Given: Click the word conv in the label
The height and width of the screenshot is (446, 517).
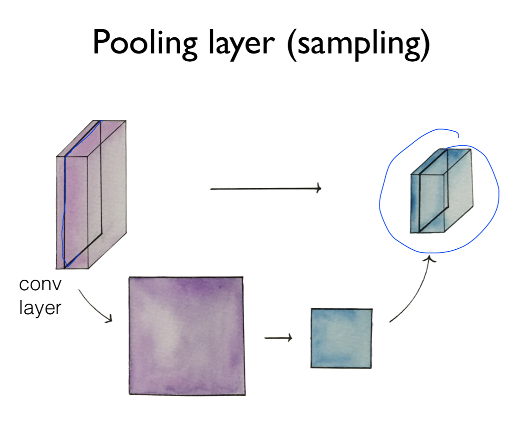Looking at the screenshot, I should point(40,285).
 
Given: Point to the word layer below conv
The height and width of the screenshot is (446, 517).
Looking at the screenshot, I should point(40,307).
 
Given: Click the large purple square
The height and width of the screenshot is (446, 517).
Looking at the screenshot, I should point(186,335).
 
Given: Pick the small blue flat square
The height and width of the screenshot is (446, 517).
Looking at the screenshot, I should point(341,338).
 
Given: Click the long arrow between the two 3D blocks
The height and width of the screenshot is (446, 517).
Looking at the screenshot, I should point(265,188).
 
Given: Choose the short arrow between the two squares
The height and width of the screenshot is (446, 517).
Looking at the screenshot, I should point(278,339).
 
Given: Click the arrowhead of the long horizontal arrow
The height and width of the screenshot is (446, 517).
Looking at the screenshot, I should point(318,188).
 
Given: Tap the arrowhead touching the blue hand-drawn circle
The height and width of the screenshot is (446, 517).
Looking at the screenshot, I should point(430,261).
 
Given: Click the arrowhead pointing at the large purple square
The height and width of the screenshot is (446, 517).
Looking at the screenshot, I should point(110,319).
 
